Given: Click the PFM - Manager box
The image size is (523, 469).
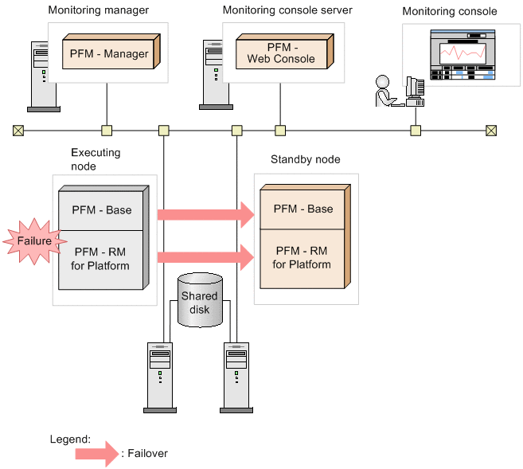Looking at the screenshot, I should click(x=109, y=53).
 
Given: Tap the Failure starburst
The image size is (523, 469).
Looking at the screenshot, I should click(x=30, y=240).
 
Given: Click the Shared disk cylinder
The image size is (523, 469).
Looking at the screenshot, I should click(x=199, y=300).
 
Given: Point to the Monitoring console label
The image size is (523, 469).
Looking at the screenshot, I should click(x=449, y=12).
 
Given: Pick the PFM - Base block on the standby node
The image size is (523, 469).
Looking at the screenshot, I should click(x=302, y=209).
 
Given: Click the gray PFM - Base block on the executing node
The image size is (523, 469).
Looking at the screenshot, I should click(x=102, y=210).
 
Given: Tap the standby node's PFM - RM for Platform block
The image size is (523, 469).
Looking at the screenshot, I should click(x=302, y=258).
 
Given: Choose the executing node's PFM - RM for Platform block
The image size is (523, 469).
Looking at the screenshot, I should click(x=102, y=259).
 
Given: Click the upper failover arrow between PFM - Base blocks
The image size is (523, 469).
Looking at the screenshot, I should click(x=205, y=213).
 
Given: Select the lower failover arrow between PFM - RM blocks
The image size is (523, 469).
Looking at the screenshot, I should click(x=205, y=256).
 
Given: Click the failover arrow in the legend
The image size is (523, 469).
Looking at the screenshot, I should click(x=96, y=453).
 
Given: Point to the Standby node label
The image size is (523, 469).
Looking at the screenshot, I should click(x=305, y=159).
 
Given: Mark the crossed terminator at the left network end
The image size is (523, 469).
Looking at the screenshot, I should click(x=18, y=130).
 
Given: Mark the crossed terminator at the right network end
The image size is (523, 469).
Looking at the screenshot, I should click(x=491, y=130).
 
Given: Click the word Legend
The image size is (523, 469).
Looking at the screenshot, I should click(x=70, y=439).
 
